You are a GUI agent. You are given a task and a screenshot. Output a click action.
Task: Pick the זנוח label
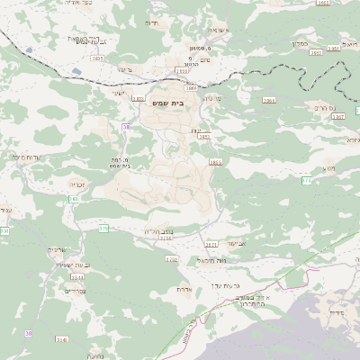coord(196,132)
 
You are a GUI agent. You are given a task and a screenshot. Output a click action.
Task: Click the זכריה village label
coord(77,184)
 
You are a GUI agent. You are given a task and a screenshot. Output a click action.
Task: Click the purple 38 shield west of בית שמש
coord(126,127)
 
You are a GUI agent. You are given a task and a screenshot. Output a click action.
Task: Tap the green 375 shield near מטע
coord(306,181)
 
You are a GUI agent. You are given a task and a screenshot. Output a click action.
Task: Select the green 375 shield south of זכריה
coord(103,229)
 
